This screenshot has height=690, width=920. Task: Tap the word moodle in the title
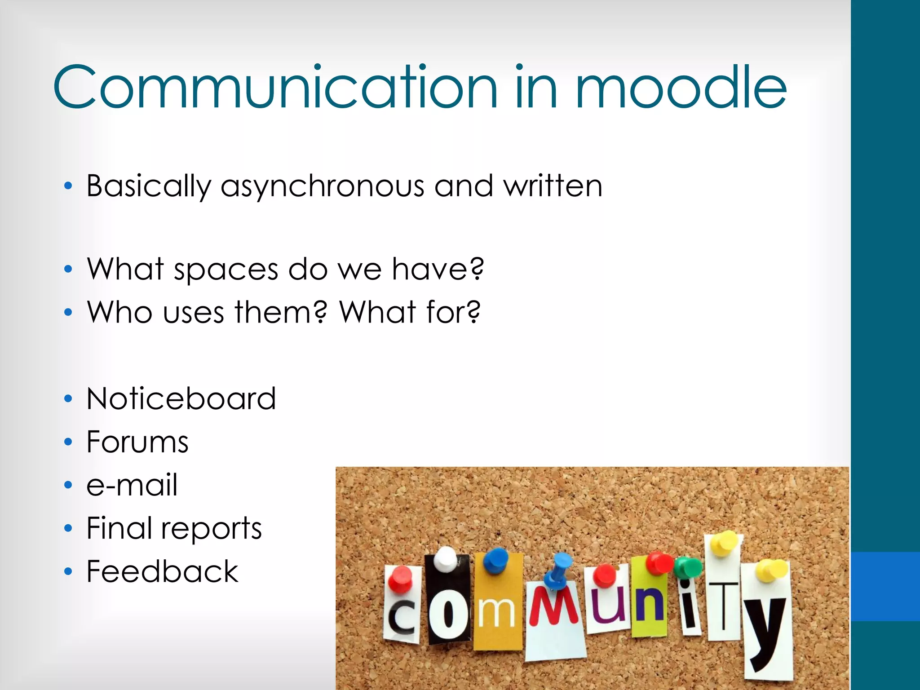(681, 87)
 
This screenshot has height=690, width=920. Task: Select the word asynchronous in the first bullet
(322, 186)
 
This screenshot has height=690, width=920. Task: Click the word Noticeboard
(181, 399)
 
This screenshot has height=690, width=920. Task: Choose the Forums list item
(137, 442)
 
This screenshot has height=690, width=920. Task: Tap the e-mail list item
(132, 485)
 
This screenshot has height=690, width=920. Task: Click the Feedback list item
(162, 571)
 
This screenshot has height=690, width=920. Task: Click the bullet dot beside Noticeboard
(68, 399)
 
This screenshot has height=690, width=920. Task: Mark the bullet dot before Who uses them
(68, 312)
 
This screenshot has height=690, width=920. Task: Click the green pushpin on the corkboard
(687, 567)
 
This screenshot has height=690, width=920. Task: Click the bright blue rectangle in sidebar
(885, 586)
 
